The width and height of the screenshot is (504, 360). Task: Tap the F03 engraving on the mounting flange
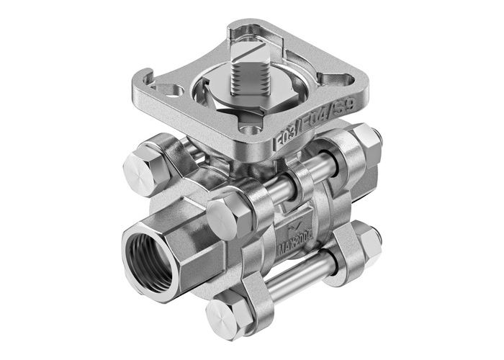click(x=285, y=143)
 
